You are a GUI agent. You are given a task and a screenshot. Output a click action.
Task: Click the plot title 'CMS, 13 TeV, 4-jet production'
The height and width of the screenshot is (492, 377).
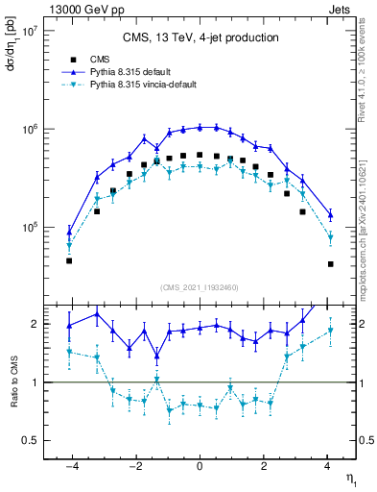(x=200, y=38)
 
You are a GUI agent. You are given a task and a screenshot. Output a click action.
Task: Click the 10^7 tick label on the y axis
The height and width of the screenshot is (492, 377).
(x=27, y=31)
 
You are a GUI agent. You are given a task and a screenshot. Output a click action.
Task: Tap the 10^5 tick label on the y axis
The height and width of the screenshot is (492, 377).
(x=27, y=228)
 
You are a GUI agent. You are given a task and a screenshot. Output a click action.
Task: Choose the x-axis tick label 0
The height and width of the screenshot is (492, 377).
(x=200, y=467)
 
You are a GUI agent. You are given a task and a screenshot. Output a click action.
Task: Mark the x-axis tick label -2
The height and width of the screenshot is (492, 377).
(x=133, y=467)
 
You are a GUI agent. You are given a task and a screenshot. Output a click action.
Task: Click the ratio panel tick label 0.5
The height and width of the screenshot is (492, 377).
(x=29, y=440)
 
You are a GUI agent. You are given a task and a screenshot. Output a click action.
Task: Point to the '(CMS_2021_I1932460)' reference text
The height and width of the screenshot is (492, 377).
(x=200, y=286)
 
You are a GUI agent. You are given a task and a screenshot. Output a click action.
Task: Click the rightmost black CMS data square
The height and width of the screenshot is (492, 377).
(x=330, y=263)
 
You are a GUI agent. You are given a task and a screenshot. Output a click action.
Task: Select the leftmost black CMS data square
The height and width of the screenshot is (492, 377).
(x=69, y=260)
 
